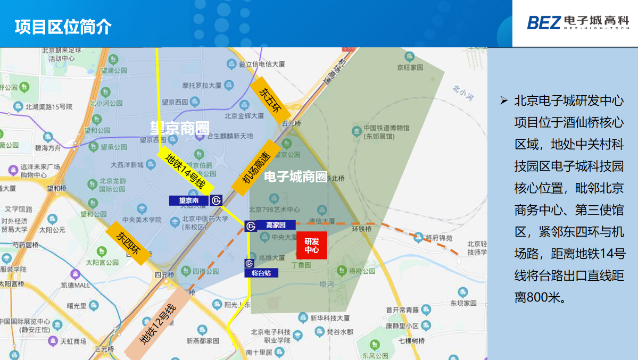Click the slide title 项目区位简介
pyautogui.click(x=63, y=26)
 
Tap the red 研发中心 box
pyautogui.click(x=311, y=245)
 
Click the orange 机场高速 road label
pyautogui.click(x=256, y=168)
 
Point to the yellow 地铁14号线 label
pyautogui.click(x=186, y=170)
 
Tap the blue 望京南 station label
pyautogui.click(x=189, y=200)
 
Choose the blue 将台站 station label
pyautogui.click(x=261, y=273)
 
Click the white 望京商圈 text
pyautogui.click(x=179, y=128)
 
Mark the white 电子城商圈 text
pyautogui.click(x=295, y=177)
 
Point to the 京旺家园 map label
pyautogui.click(x=409, y=68)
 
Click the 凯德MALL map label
pyautogui.click(x=75, y=285)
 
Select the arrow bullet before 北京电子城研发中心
pyautogui.click(x=504, y=101)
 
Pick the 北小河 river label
pyautogui.click(x=463, y=92)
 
